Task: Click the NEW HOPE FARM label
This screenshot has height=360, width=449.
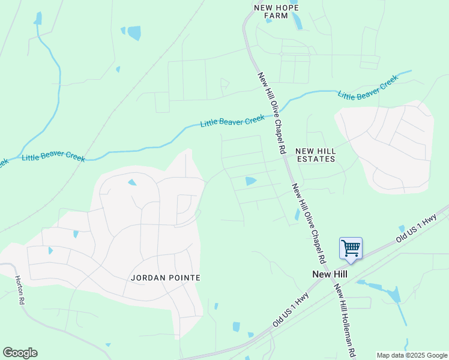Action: click(x=276, y=11)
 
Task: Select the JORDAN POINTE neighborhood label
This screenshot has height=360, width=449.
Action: click(x=165, y=278)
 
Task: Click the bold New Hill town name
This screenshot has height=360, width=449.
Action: click(x=330, y=274)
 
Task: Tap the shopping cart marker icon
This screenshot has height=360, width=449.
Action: click(x=351, y=248)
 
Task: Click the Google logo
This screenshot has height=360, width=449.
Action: click(x=20, y=353)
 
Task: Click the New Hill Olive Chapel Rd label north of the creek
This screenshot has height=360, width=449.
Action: click(x=271, y=112)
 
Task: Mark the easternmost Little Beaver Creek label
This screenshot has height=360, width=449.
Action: click(x=367, y=88)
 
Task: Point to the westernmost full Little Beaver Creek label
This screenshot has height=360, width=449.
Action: click(x=53, y=157)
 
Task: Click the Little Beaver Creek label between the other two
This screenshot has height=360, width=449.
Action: click(x=232, y=121)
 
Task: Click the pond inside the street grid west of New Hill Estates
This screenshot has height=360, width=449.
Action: click(x=250, y=181)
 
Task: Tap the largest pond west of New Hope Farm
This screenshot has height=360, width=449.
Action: click(x=134, y=32)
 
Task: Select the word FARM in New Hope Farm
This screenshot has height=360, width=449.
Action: click(x=276, y=16)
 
